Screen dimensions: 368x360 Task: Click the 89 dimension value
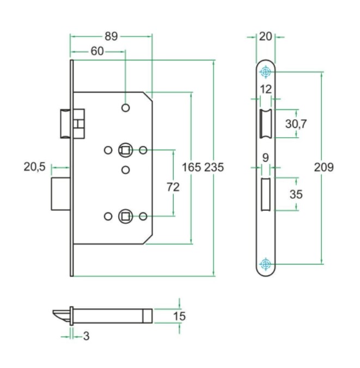111,37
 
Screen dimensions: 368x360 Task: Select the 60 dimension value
97,52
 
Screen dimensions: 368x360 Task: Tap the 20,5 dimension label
34,168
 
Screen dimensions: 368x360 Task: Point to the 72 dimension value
173,187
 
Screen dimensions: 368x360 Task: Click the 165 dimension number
191,167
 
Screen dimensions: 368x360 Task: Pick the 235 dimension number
214,167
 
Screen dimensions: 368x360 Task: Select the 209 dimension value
324,167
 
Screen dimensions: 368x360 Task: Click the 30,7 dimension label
296,124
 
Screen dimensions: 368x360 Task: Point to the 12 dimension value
265,89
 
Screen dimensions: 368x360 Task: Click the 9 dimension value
265,158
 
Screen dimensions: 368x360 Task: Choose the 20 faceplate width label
265,37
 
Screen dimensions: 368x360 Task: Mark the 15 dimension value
179,316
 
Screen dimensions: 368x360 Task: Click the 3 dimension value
86,336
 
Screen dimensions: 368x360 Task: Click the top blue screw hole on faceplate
265,72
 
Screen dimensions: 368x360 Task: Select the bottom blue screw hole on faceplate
265,264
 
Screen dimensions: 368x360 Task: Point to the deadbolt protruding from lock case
60,194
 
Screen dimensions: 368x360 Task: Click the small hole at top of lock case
126,108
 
